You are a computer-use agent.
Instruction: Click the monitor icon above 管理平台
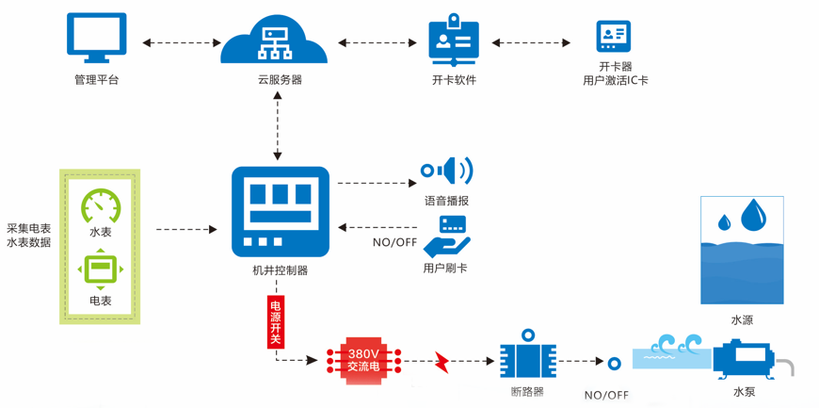point(96,38)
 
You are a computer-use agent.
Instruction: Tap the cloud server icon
point(274,41)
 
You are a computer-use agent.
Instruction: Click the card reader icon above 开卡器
point(614,37)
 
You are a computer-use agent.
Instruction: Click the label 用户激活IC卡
point(615,81)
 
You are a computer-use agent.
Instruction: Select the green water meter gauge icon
point(101,206)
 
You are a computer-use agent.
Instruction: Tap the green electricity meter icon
point(101,269)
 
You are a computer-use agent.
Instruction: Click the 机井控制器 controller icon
point(281,212)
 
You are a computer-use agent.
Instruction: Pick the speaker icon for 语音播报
point(448,171)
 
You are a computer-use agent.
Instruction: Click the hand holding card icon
point(447,237)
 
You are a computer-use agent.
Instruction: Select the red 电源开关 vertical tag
point(276,322)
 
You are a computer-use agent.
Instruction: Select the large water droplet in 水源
point(753,215)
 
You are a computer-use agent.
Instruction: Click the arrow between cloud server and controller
point(278,126)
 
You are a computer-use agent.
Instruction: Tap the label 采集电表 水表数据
point(29,235)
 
